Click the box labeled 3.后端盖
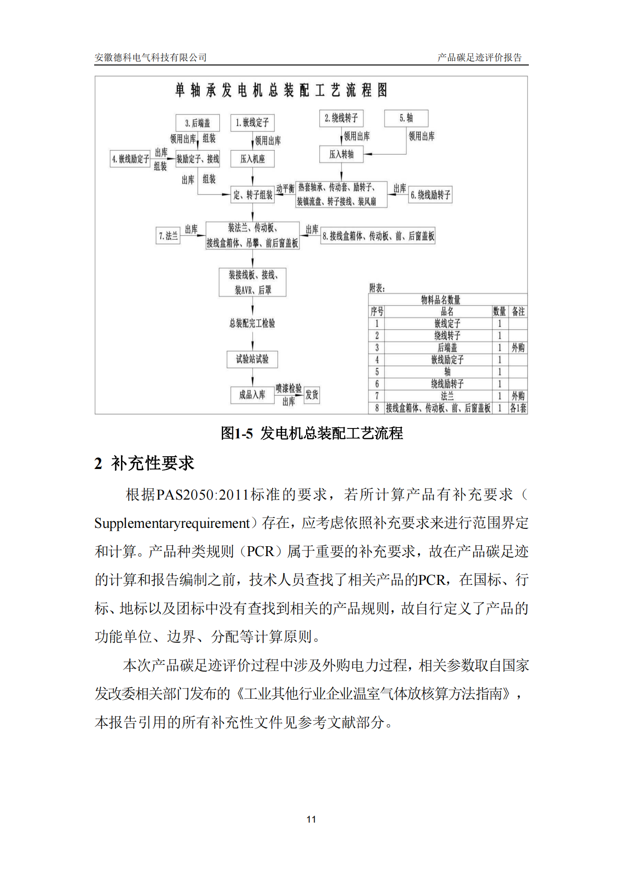coord(197,123)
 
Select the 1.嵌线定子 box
coord(252,123)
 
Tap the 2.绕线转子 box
coord(341,118)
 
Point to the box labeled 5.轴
coord(406,118)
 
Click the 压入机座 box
coord(252,159)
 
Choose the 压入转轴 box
coord(341,154)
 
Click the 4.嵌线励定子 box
coord(130,159)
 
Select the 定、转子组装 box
coord(252,195)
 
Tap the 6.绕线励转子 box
coord(430,195)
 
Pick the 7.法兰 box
coord(168,236)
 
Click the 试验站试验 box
coord(252,359)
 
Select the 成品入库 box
coord(252,395)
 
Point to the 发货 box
coord(312,395)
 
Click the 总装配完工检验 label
coord(252,323)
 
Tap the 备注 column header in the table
coord(518,312)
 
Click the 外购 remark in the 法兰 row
coord(518,396)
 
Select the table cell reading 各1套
coord(518,408)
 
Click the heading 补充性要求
coord(152,463)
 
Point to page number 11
coord(311,819)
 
